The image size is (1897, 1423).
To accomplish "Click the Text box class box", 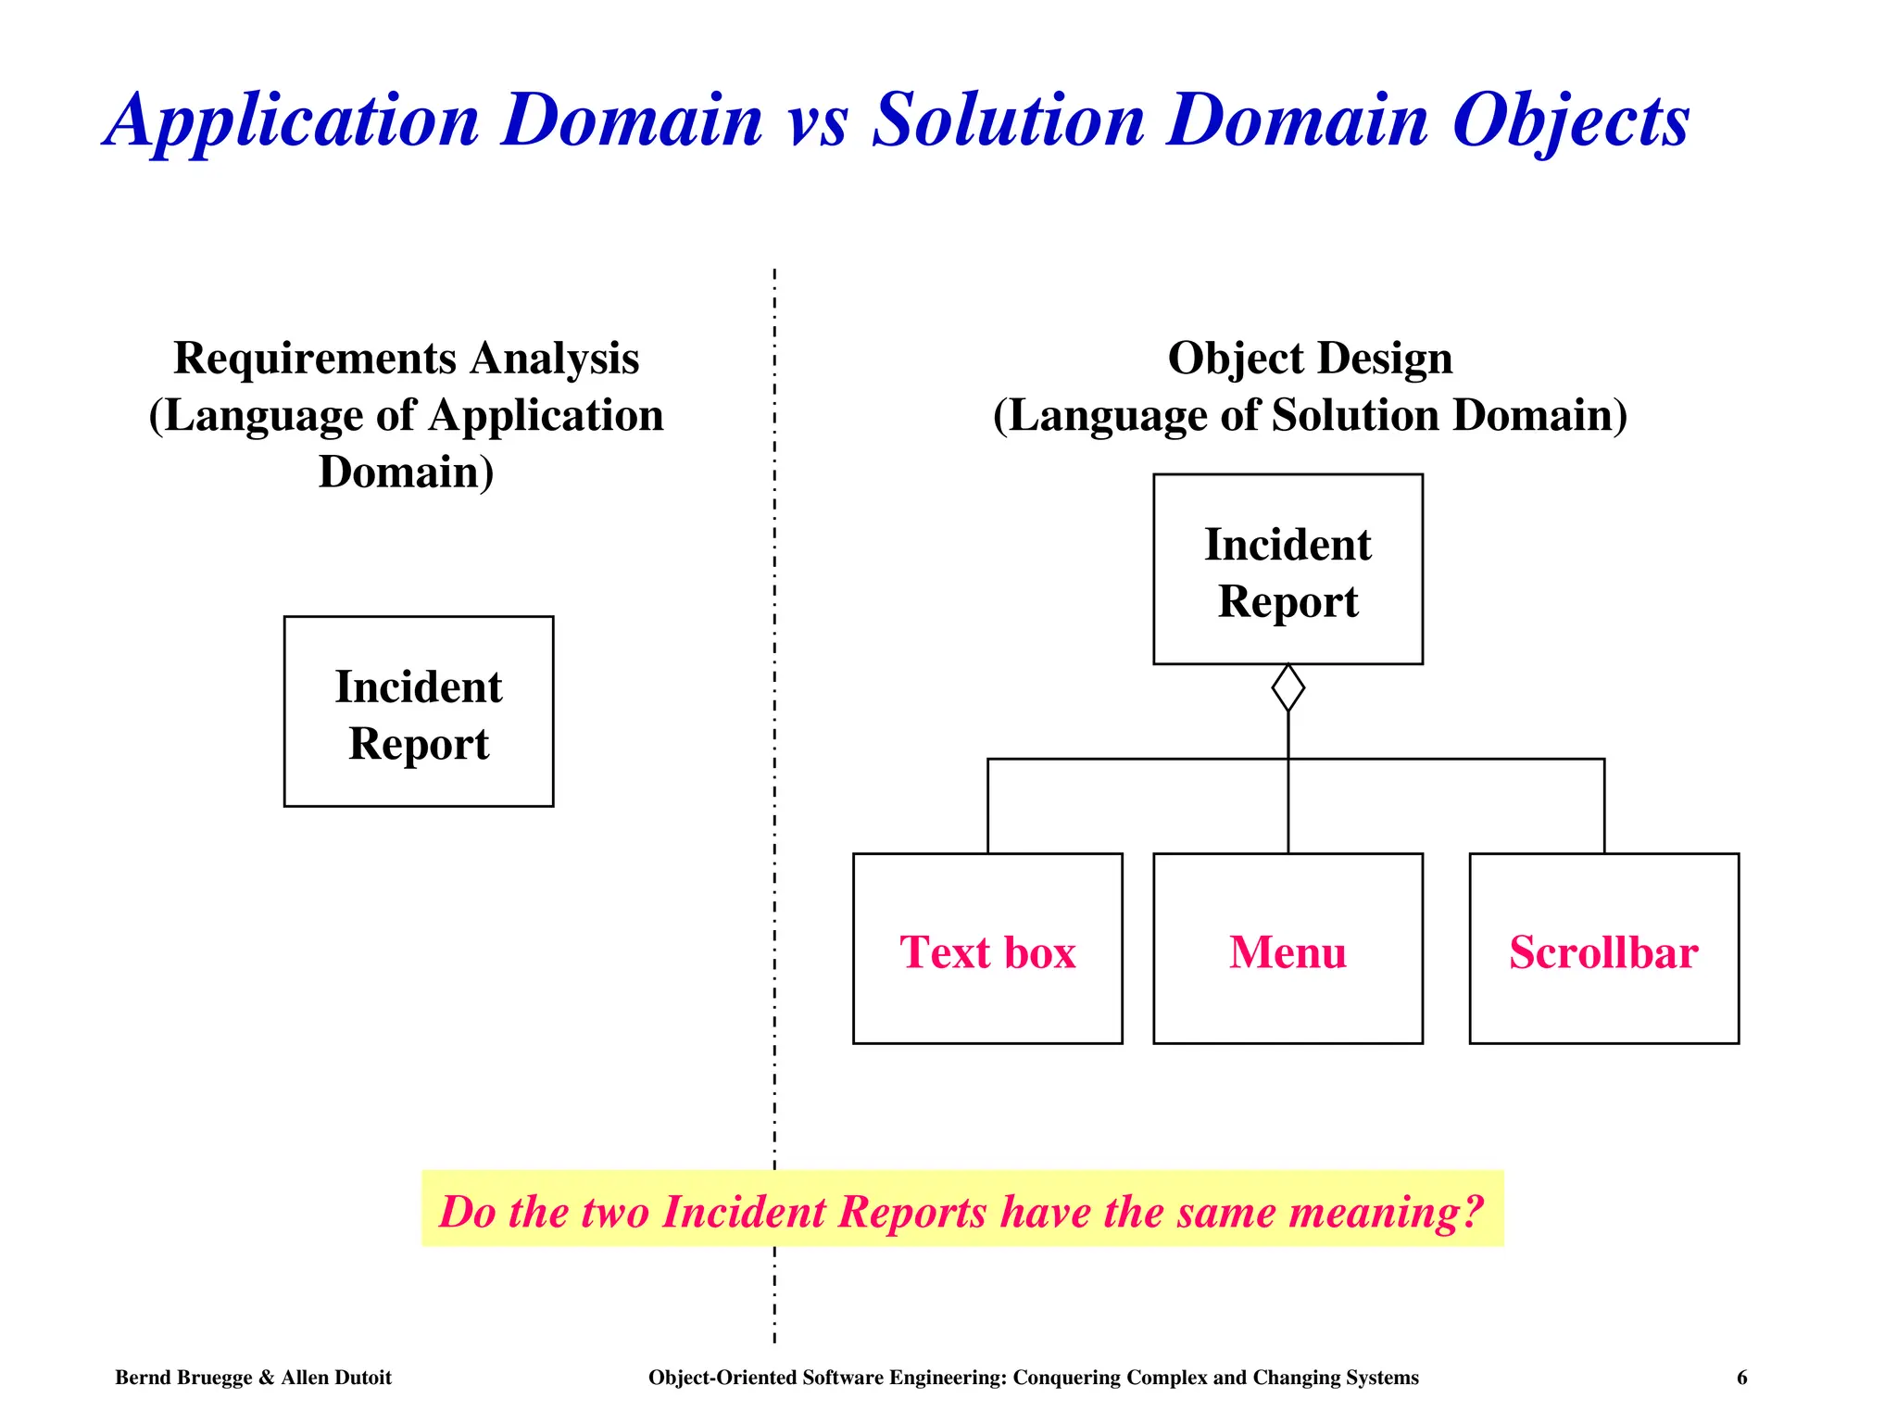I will pyautogui.click(x=987, y=949).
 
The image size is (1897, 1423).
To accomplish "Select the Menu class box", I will pyautogui.click(x=1288, y=949).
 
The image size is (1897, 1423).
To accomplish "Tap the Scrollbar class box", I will pyautogui.click(x=1603, y=949).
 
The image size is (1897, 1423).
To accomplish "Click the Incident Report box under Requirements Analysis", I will pyautogui.click(x=419, y=711).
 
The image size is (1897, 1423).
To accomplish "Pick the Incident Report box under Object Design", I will pyautogui.click(x=1288, y=569).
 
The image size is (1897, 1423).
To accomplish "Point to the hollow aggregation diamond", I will pyautogui.click(x=1288, y=687).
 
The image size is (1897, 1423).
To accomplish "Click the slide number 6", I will pyautogui.click(x=1741, y=1378).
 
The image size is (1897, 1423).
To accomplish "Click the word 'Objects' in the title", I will pyautogui.click(x=1570, y=122).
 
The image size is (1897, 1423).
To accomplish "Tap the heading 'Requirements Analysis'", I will pyautogui.click(x=406, y=359).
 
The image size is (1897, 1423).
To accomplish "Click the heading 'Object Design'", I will pyautogui.click(x=1310, y=359).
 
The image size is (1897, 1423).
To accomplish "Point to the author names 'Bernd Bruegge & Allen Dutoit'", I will pyautogui.click(x=253, y=1378).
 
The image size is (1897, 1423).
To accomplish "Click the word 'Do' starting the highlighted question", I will pyautogui.click(x=468, y=1211).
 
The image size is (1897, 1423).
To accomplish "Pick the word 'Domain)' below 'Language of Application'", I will pyautogui.click(x=406, y=472).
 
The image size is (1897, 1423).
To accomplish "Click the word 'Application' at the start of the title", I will pyautogui.click(x=293, y=122).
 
